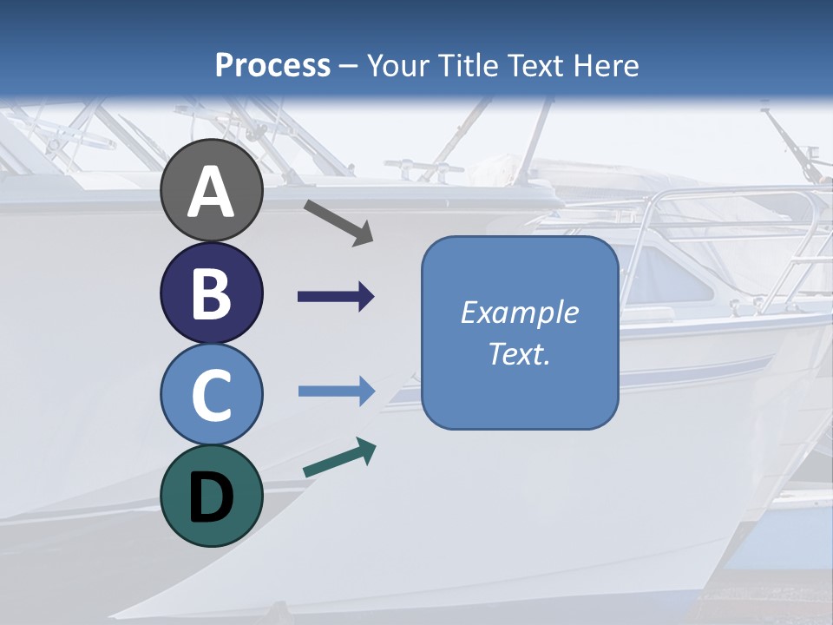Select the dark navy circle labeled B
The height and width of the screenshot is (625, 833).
click(x=212, y=293)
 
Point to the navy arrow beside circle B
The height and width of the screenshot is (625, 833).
click(x=336, y=297)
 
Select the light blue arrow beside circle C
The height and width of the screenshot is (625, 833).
click(x=336, y=391)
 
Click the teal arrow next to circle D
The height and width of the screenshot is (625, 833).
click(x=339, y=458)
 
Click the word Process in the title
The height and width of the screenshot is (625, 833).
click(x=272, y=65)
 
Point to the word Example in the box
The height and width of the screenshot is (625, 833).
click(x=519, y=312)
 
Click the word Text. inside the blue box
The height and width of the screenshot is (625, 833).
click(x=519, y=354)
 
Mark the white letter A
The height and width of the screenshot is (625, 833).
click(x=212, y=193)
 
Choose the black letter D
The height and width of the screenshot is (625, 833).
click(x=212, y=499)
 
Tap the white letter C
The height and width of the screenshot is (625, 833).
click(x=212, y=396)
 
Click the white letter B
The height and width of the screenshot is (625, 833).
click(x=212, y=293)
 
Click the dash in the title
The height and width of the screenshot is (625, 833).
click(x=349, y=67)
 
